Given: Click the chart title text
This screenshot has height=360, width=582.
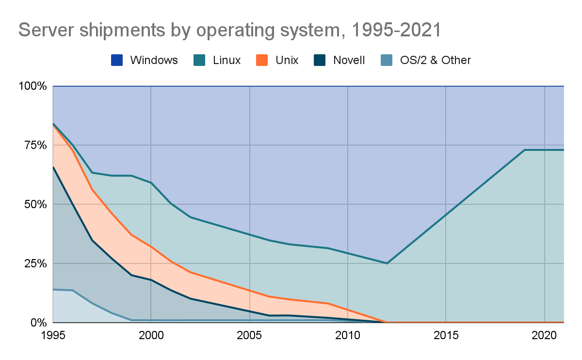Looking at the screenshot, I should coord(230,30).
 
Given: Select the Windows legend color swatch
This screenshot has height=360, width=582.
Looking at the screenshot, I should coord(117,60).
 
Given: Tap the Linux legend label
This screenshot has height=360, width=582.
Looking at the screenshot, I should coord(226,60).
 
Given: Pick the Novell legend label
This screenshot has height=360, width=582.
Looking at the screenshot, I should coord(349,60).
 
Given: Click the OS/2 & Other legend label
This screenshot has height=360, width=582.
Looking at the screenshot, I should coord(435,60).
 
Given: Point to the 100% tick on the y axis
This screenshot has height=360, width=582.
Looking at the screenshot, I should coord(32,86).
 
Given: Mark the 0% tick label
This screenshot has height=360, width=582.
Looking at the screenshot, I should coord(38,323).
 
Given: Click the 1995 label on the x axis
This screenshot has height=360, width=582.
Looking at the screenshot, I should coord(53,335).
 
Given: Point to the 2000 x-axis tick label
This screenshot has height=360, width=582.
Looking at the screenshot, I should coord(151,335).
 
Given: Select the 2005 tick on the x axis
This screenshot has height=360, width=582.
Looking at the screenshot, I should coord(250,335).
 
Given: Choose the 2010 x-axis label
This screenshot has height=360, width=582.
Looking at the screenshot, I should coord(348,335).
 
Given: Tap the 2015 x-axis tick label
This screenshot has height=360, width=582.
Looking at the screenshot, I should coord(446,335).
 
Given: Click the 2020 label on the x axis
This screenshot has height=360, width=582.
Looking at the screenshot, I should coord(545,335).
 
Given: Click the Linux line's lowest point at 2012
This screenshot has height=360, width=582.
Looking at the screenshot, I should coord(387,263).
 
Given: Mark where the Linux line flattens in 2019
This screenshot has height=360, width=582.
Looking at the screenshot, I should coord(525,150).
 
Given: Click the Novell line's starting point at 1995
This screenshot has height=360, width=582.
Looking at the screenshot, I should coord(53,167).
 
